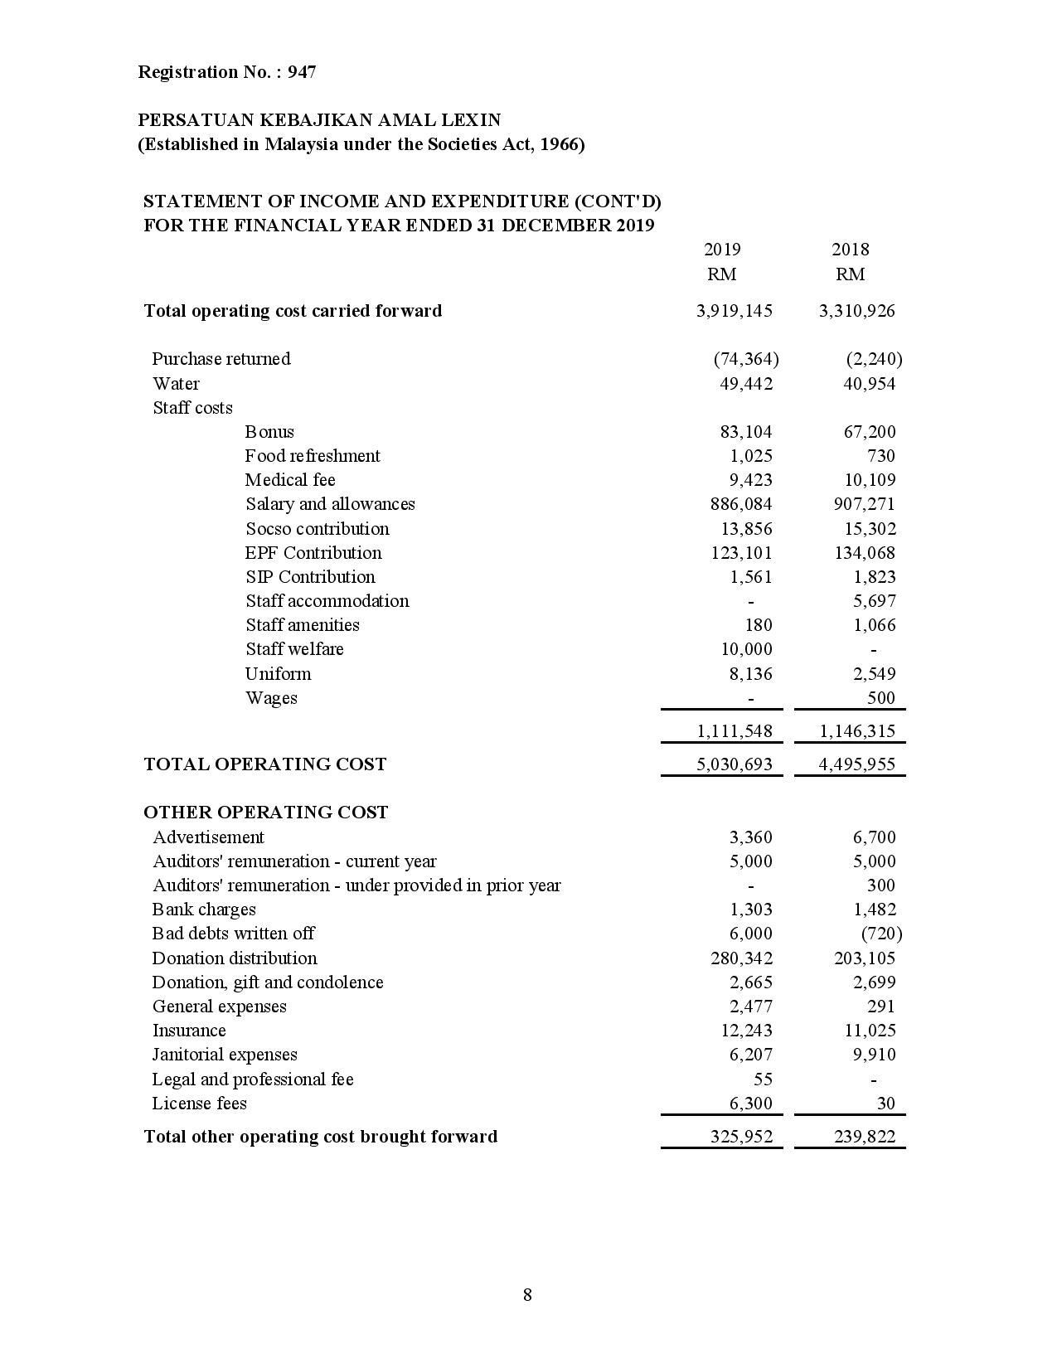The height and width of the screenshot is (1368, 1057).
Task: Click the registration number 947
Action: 302,72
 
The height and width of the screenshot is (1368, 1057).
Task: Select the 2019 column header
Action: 721,250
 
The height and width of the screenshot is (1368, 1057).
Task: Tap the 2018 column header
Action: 850,250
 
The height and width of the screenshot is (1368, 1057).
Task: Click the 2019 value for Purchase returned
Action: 745,359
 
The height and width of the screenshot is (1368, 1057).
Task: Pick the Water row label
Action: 176,384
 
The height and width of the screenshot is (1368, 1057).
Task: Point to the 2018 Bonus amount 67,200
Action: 869,432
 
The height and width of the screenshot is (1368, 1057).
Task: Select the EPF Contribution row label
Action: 313,553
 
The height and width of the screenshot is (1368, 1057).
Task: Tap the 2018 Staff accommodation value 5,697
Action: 875,601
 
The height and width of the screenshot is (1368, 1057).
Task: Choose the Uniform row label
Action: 278,674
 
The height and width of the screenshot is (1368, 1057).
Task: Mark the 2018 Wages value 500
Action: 881,698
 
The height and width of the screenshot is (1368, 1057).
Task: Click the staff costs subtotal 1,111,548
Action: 735,731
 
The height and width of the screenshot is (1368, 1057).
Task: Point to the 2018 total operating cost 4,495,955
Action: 857,764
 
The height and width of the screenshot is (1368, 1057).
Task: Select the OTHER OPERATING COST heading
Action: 265,813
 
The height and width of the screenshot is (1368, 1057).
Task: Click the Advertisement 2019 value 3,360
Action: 750,837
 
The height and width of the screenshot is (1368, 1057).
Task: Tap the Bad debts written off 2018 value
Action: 881,934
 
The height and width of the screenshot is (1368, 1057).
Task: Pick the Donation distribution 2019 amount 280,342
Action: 741,958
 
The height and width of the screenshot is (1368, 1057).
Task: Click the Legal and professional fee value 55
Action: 763,1079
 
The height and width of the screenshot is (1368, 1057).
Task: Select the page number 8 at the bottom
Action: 527,1295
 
